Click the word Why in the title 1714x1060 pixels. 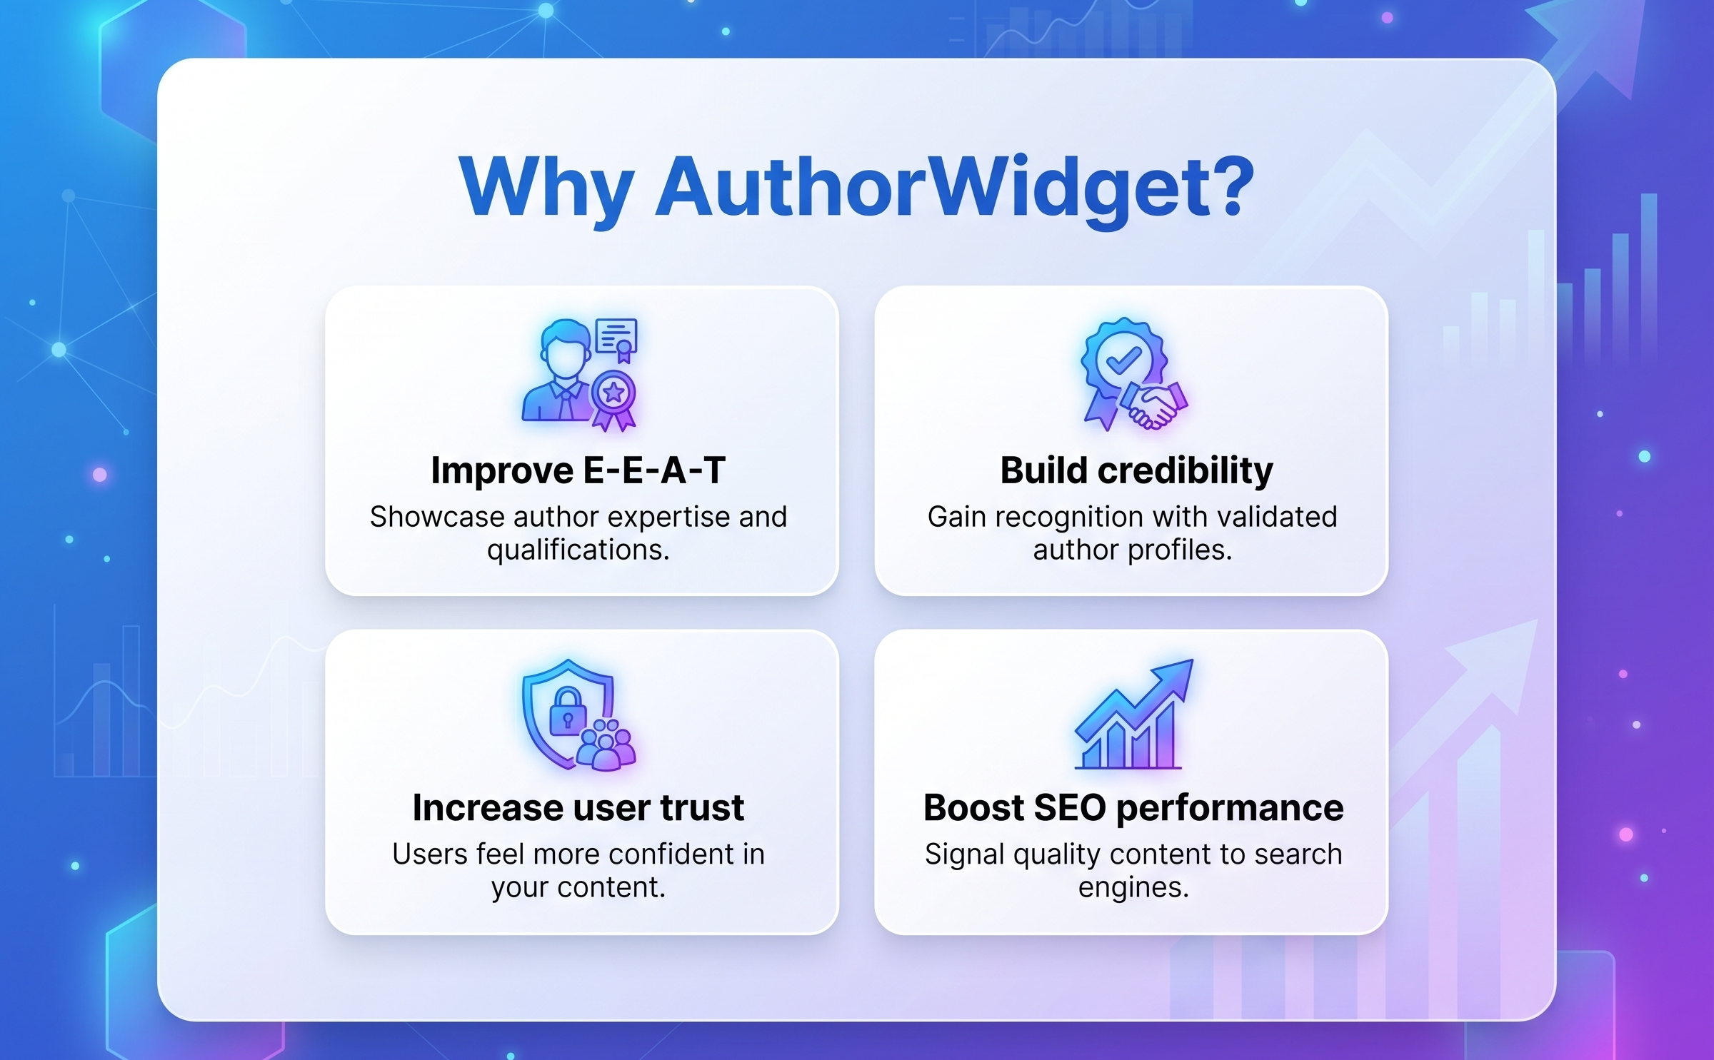[x=546, y=187]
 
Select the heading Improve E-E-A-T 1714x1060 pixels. [x=578, y=470]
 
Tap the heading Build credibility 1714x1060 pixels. [x=1136, y=470]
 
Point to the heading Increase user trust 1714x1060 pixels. [x=578, y=807]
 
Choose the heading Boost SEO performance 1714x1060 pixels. [x=1133, y=807]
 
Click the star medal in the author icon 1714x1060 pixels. [x=613, y=393]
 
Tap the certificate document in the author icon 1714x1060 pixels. [x=616, y=337]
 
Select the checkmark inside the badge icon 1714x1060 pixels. [x=1123, y=360]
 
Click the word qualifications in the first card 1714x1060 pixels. [x=578, y=550]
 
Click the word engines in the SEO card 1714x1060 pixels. [x=1133, y=887]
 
